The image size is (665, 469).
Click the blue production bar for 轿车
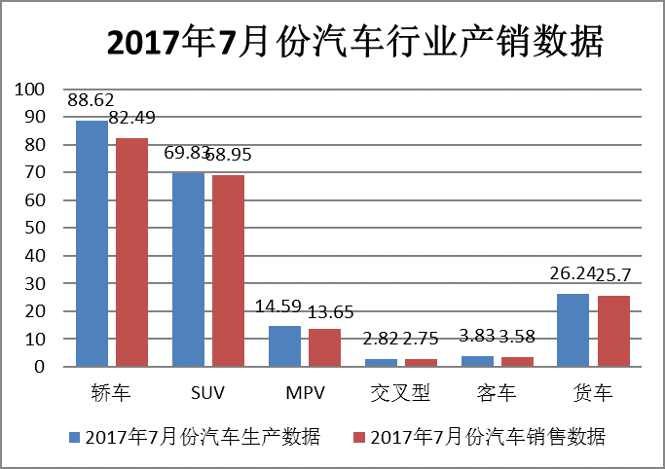pos(92,243)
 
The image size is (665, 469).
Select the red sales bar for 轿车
pos(131,252)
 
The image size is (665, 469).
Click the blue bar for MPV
pos(285,346)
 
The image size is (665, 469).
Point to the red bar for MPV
pos(325,347)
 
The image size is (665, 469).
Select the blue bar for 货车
pos(573,330)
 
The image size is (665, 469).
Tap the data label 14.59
pos(278,306)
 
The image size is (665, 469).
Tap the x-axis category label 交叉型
pos(400,394)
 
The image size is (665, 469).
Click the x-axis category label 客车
pos(497,394)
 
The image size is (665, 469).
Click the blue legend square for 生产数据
pos(75,436)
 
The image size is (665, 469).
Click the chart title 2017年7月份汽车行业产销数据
pos(352,42)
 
